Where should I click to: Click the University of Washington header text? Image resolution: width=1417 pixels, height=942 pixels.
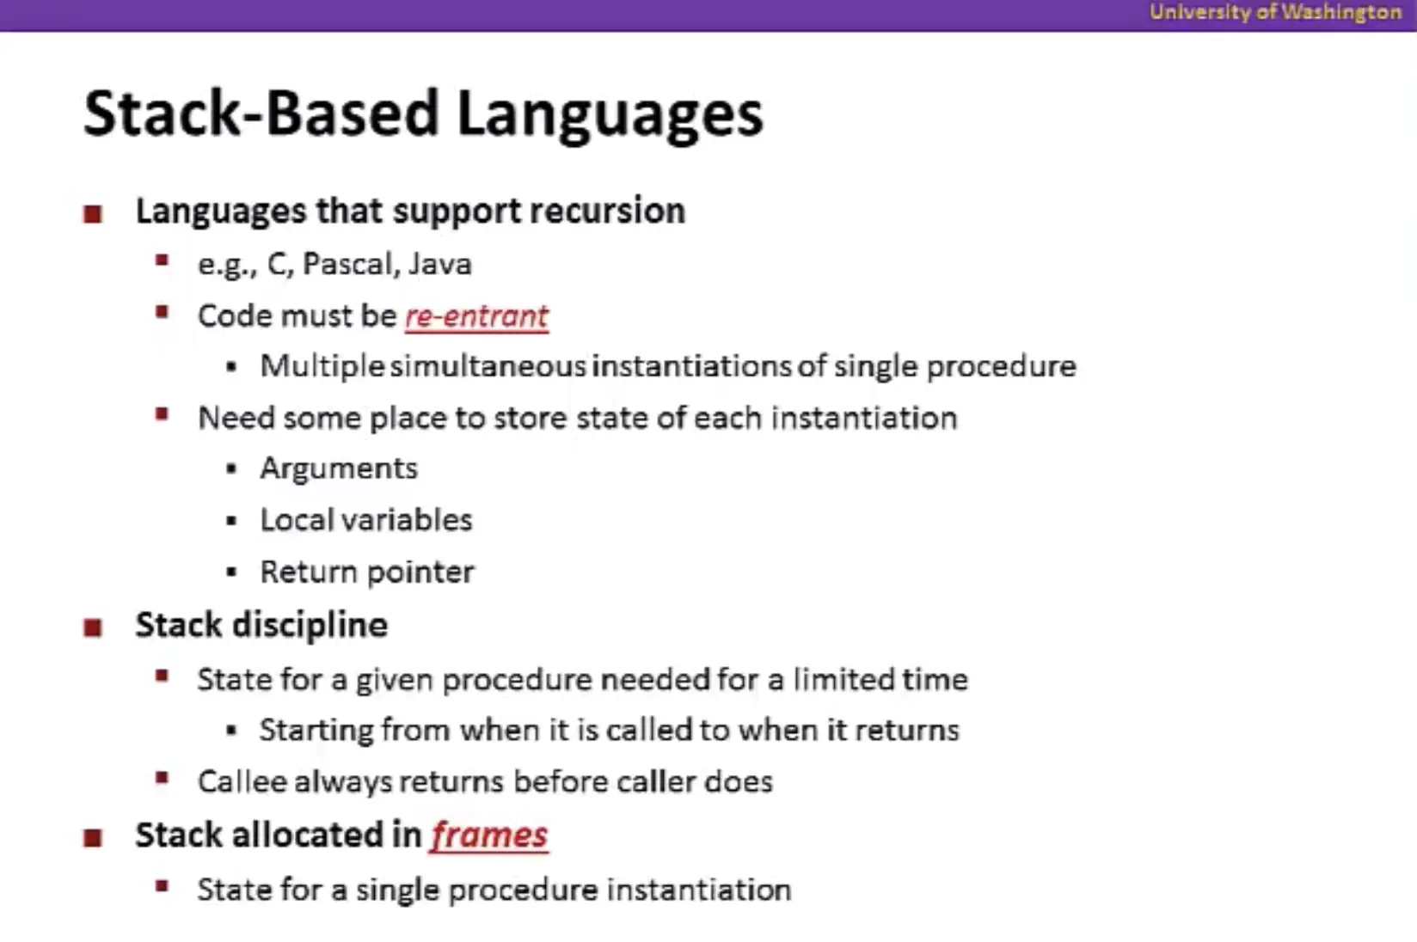(1275, 13)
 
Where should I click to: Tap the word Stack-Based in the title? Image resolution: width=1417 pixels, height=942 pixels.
(261, 113)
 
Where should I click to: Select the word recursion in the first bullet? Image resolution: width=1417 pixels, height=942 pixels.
(608, 211)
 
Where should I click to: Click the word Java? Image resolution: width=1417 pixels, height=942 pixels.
(440, 264)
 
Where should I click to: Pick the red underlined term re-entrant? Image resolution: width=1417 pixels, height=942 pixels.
(477, 316)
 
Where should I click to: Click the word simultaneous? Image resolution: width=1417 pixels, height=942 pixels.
(488, 366)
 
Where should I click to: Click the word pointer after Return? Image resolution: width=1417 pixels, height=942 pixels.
(420, 572)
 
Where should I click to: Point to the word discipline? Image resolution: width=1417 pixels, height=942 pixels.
(310, 626)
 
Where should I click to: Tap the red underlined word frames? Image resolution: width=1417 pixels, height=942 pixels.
(489, 835)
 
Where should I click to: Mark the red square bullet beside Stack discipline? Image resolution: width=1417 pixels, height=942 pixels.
(93, 627)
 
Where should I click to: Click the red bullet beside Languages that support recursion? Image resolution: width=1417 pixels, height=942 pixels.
(93, 214)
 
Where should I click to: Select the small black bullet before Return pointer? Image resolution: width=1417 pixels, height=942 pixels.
(231, 572)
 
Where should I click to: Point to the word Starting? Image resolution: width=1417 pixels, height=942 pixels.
(316, 731)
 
